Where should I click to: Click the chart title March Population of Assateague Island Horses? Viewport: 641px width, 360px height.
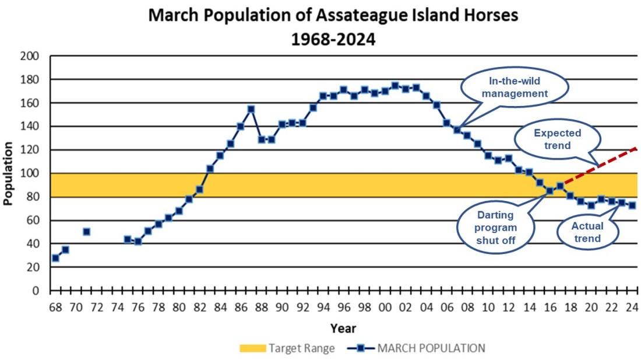(x=333, y=15)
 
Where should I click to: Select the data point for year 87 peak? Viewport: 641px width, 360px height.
(x=251, y=109)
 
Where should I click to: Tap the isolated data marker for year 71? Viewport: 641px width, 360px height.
(x=86, y=231)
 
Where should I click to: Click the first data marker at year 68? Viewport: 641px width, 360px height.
(x=55, y=257)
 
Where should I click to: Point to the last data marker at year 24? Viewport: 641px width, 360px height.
(x=632, y=205)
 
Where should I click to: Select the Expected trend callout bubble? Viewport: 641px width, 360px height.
(x=557, y=139)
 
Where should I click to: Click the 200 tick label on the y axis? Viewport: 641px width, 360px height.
(x=30, y=56)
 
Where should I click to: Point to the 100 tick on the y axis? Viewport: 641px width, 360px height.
(x=30, y=174)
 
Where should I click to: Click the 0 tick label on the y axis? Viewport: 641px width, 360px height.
(x=36, y=291)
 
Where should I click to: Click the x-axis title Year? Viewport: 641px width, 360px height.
(x=343, y=328)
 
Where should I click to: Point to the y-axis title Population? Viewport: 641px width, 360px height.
(x=9, y=173)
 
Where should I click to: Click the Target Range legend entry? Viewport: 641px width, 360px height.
(x=287, y=348)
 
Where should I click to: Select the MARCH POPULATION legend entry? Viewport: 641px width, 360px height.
(x=418, y=348)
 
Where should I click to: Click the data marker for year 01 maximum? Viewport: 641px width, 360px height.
(x=395, y=86)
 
